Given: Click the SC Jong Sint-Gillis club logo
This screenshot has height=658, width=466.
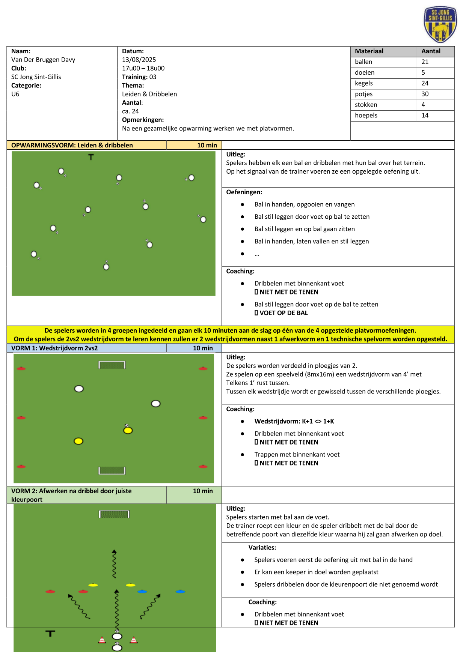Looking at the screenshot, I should [x=440, y=24].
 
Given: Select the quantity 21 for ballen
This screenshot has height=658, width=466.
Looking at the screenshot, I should [x=425, y=62].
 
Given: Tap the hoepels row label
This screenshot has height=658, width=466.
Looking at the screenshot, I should [x=366, y=116].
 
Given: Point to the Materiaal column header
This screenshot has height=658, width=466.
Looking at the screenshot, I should [x=369, y=51].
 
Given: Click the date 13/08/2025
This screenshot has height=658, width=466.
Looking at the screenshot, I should [x=139, y=60].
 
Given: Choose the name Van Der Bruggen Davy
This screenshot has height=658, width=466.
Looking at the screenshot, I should [x=43, y=60].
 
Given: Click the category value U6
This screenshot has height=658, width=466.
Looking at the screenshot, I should [x=15, y=94].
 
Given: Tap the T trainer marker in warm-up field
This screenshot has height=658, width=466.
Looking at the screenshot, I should [x=91, y=157].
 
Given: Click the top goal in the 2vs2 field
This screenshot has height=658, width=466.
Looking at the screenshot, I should [x=112, y=365].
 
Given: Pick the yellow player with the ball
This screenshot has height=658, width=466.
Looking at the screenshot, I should [x=128, y=430].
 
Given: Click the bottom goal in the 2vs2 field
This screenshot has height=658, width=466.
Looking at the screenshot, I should [x=112, y=470].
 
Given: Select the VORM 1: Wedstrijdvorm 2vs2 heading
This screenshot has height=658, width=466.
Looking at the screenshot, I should [x=54, y=348].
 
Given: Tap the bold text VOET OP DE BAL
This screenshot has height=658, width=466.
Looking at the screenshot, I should [x=284, y=313].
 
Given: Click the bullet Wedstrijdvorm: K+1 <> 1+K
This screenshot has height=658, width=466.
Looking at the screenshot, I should [x=294, y=421].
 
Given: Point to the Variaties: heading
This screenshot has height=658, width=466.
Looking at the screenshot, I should [x=262, y=548].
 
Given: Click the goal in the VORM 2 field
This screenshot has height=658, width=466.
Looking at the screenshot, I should [x=114, y=514].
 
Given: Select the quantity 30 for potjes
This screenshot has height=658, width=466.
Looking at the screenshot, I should [x=425, y=94].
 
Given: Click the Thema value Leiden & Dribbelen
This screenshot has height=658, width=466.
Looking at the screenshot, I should [x=149, y=94].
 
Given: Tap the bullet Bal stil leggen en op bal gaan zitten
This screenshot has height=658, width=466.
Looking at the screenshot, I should [x=305, y=229].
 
